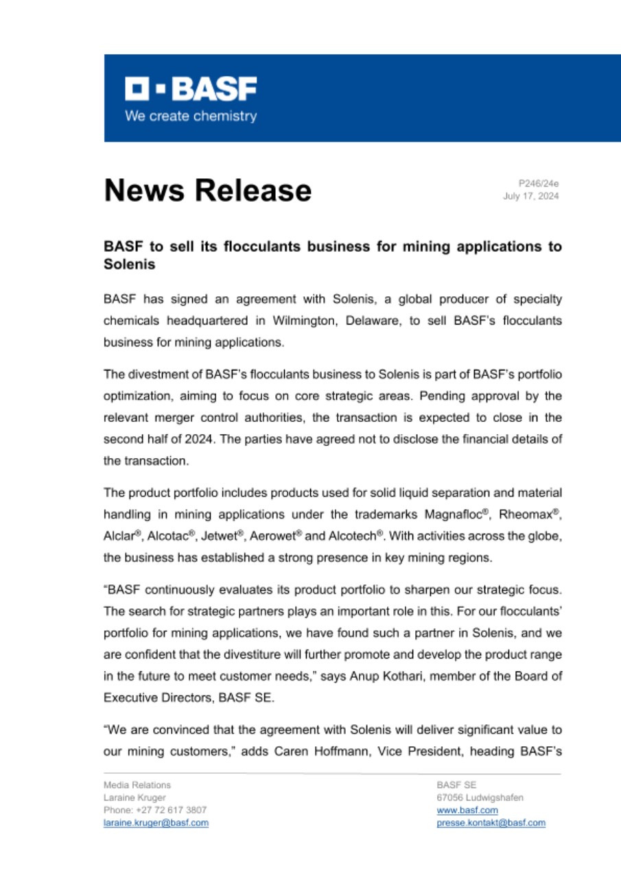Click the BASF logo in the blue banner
(190, 88)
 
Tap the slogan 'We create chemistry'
(190, 116)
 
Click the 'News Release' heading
(207, 190)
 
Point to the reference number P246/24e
(539, 183)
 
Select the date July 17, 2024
(531, 196)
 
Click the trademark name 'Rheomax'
(530, 514)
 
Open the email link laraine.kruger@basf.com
(156, 822)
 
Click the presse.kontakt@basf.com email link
(491, 822)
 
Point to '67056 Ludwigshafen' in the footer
(480, 797)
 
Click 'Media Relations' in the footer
(137, 785)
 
